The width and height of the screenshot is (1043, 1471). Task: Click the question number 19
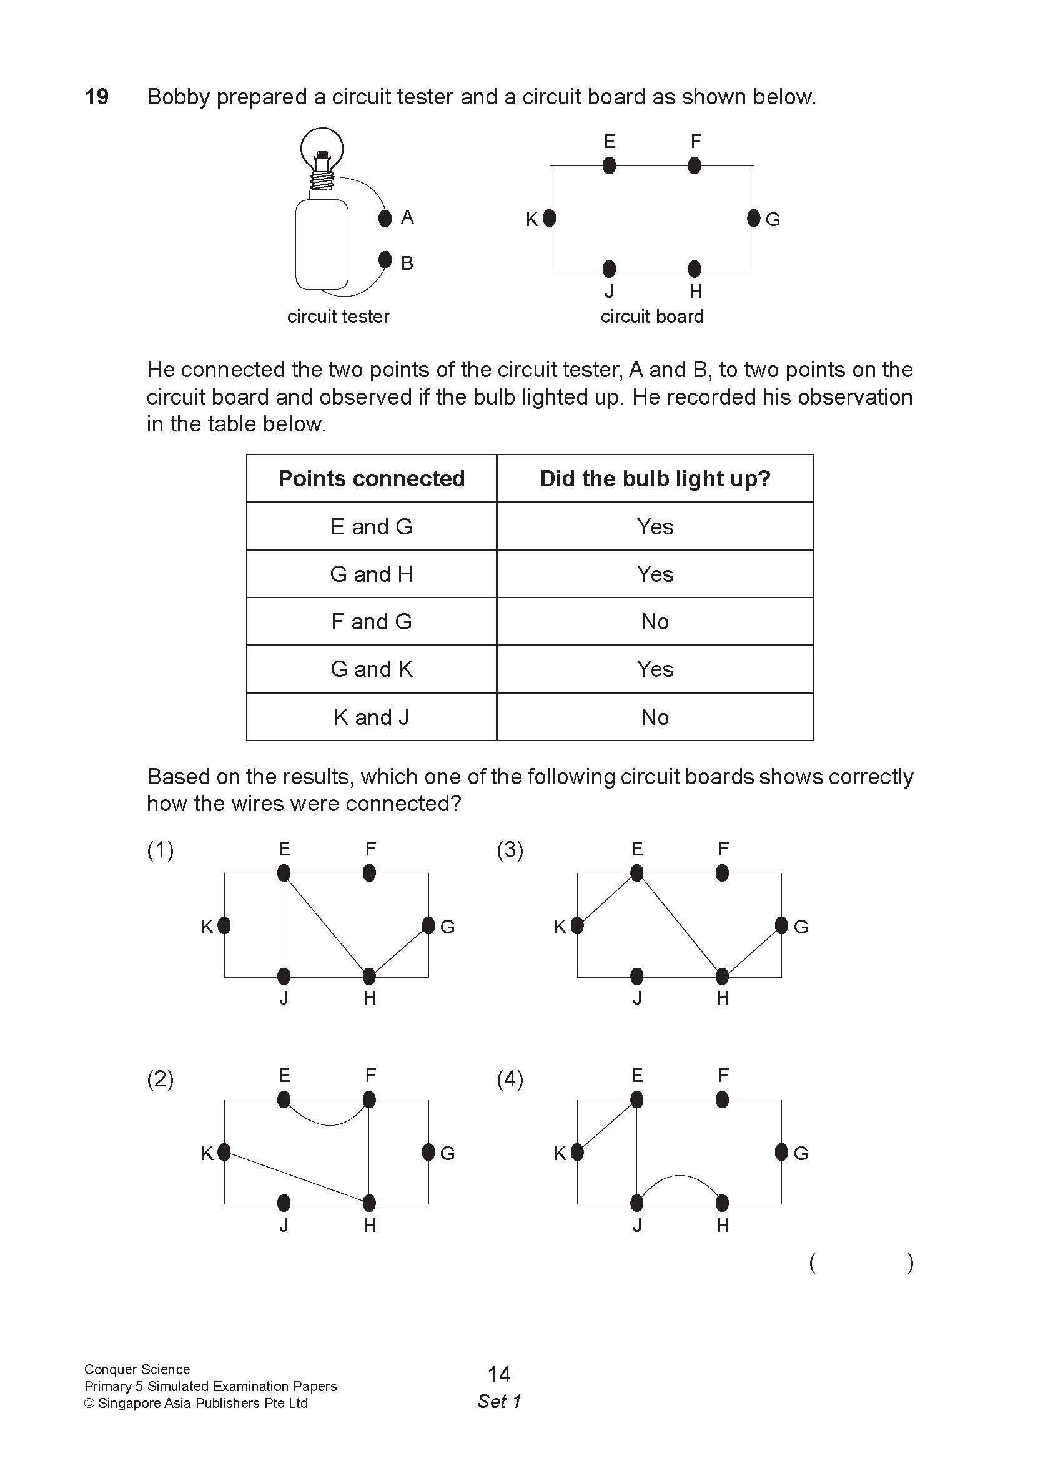click(x=97, y=97)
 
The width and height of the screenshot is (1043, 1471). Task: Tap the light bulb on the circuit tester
click(x=321, y=149)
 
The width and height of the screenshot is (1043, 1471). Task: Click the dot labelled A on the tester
click(x=385, y=219)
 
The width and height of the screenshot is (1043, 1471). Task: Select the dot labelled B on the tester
click(x=385, y=260)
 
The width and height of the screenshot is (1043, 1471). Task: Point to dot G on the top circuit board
click(x=753, y=219)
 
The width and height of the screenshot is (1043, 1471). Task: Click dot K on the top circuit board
click(x=549, y=219)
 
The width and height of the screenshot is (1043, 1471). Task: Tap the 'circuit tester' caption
click(x=338, y=317)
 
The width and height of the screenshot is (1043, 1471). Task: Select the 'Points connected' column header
click(x=371, y=479)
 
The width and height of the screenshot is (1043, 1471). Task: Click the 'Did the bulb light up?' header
click(x=655, y=479)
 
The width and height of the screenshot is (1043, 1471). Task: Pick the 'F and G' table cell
click(x=371, y=621)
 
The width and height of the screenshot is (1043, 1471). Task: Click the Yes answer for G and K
click(x=655, y=669)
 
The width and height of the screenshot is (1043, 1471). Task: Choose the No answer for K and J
click(x=655, y=717)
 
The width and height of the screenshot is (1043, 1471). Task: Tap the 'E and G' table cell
click(x=371, y=526)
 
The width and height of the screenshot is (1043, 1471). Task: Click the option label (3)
click(x=510, y=850)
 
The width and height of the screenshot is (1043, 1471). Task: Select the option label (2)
click(x=160, y=1080)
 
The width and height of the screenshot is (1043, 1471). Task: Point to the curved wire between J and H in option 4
click(x=680, y=1176)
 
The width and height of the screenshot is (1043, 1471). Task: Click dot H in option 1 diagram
click(x=369, y=977)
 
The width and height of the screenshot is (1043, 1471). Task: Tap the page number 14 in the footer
click(x=499, y=1374)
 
